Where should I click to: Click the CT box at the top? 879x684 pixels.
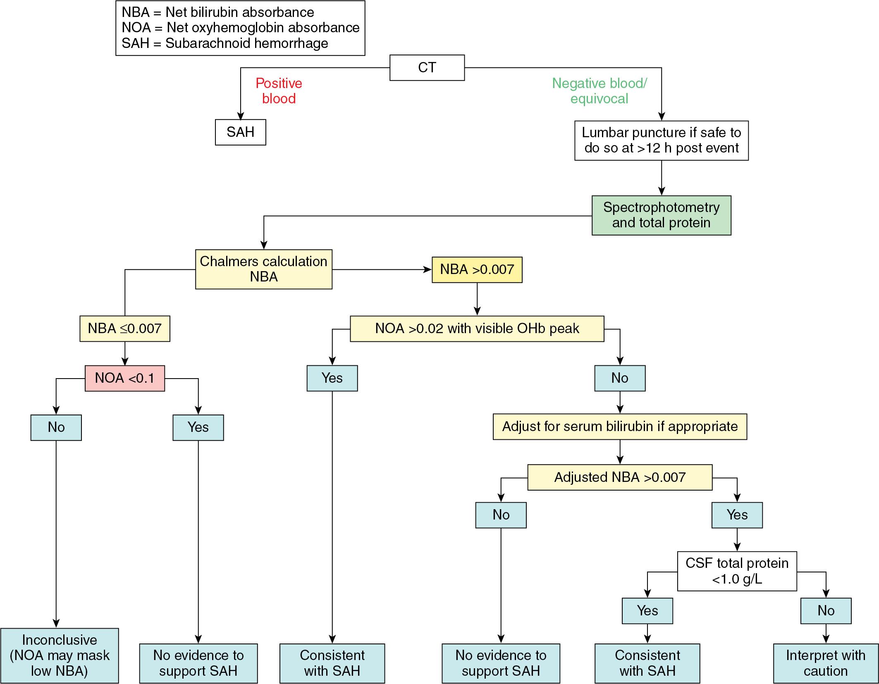pyautogui.click(x=427, y=67)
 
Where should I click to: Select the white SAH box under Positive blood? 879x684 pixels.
pyautogui.click(x=240, y=132)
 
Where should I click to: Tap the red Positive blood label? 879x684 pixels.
pyautogui.click(x=279, y=91)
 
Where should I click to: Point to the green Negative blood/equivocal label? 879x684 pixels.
pyautogui.click(x=599, y=91)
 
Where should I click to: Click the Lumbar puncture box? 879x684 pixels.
pyautogui.click(x=661, y=141)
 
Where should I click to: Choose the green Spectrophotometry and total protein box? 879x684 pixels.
pyautogui.click(x=661, y=215)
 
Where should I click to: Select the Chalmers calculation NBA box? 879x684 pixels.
pyautogui.click(x=263, y=269)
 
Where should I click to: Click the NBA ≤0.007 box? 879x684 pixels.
pyautogui.click(x=124, y=329)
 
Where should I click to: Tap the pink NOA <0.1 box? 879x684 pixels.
pyautogui.click(x=124, y=378)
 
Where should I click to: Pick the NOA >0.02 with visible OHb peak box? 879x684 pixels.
pyautogui.click(x=477, y=329)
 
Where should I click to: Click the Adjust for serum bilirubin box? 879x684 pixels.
pyautogui.click(x=620, y=427)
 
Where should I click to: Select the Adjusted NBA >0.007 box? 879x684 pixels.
pyautogui.click(x=620, y=477)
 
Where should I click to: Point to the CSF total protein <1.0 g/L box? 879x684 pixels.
pyautogui.click(x=737, y=571)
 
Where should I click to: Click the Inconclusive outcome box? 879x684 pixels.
pyautogui.click(x=60, y=655)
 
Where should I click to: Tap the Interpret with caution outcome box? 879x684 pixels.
pyautogui.click(x=825, y=663)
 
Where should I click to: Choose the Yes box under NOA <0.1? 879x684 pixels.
pyautogui.click(x=198, y=427)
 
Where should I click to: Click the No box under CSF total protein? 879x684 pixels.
pyautogui.click(x=826, y=610)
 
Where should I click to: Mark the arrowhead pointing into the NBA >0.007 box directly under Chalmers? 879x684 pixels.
pyautogui.click(x=428, y=269)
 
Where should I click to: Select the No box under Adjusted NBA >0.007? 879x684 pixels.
pyautogui.click(x=501, y=515)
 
